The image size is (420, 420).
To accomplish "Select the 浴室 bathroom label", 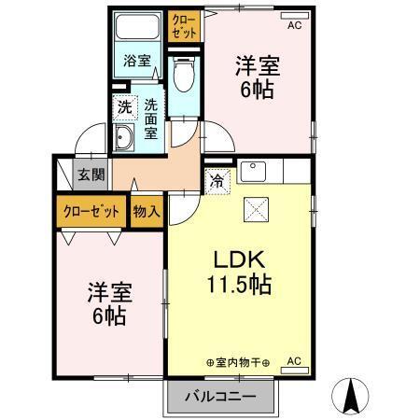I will (137, 62).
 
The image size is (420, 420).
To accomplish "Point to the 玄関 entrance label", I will (91, 175).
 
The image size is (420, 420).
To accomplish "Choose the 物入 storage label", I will (147, 211).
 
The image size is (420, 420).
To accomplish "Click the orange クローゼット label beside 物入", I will (91, 211).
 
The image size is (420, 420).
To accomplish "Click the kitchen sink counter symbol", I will (253, 173).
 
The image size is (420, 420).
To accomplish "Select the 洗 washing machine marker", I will (125, 106).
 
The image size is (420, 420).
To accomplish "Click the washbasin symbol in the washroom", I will (124, 139).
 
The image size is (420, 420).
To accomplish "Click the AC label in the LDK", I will (293, 360).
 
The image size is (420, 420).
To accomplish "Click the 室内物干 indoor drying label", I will (237, 362).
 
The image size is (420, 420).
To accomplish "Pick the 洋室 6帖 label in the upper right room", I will (256, 77).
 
